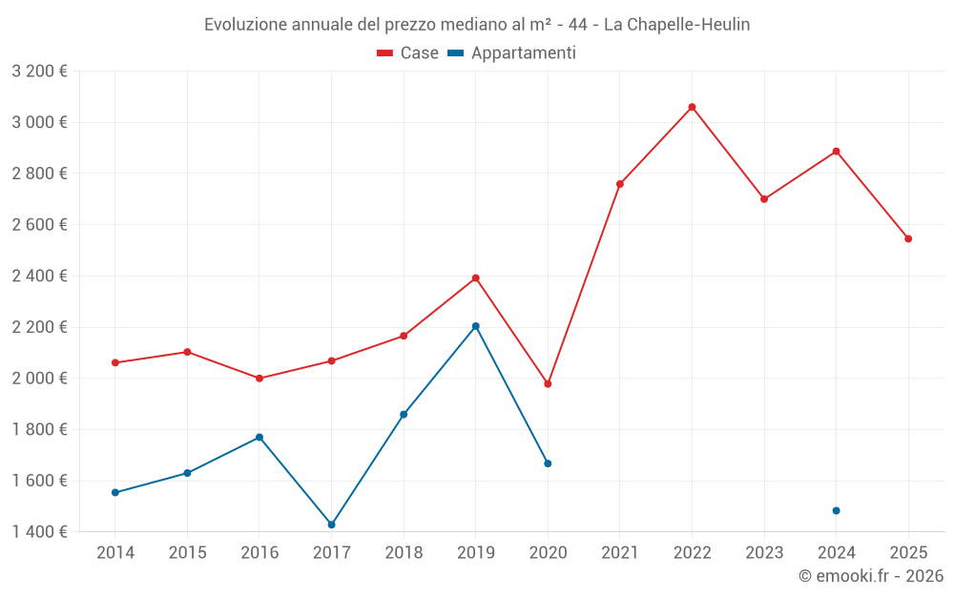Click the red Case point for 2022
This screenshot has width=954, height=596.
pos(692,107)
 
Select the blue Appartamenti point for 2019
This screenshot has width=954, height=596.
pos(475,326)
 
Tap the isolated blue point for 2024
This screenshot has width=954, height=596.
pos(836,510)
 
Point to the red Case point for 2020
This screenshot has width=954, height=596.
pos(548,383)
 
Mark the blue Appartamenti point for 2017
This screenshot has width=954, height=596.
pos(331,524)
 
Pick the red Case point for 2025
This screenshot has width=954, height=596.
pos(908,238)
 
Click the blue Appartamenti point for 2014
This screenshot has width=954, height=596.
pos(115,492)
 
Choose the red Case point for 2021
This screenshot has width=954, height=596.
pos(620,184)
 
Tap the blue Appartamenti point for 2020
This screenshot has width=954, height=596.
pos(548,463)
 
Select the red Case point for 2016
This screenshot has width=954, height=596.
pos(259,379)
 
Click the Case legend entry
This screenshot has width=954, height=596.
pos(408,53)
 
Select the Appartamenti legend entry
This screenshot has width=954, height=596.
pos(512,53)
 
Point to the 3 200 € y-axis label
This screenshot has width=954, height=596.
pos(39,71)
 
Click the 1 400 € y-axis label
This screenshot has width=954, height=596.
pos(39,531)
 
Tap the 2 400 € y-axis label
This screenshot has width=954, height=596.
pos(39,276)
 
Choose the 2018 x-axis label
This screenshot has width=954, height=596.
pos(404,552)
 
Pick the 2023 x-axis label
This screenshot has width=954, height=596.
pos(764,552)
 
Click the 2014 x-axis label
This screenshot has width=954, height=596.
pos(115,552)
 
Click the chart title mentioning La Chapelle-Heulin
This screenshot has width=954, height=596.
pos(477,25)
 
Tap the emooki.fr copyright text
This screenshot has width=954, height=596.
pos(871,576)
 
